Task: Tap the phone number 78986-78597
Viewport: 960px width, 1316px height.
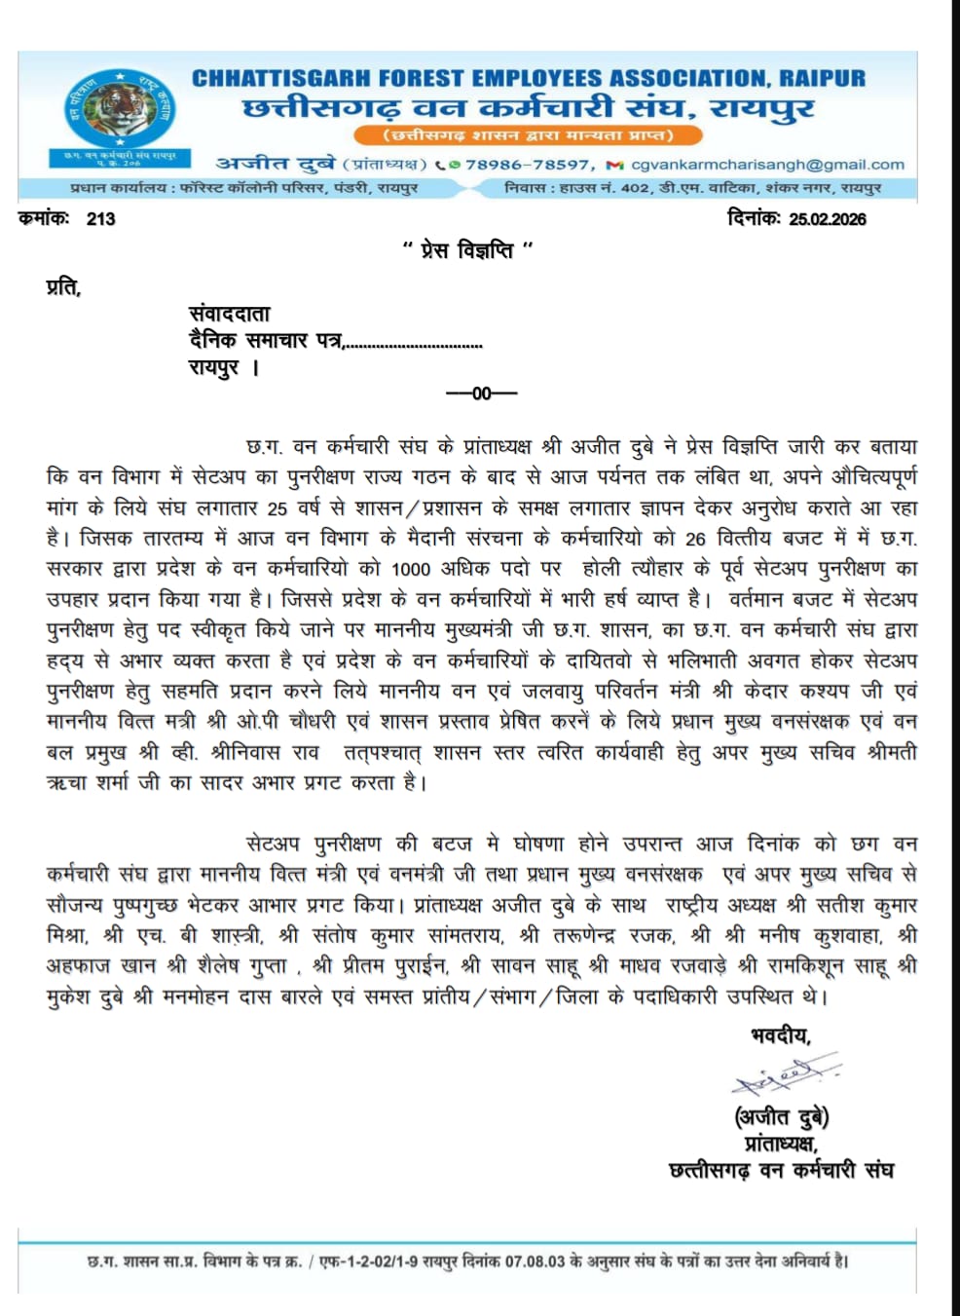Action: pos(527,165)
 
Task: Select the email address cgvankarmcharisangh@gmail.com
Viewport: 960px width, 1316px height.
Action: pos(767,165)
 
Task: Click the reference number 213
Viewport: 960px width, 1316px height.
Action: pos(100,219)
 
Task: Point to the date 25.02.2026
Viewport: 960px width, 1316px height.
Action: pos(827,219)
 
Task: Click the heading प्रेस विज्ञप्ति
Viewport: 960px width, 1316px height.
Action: pos(467,251)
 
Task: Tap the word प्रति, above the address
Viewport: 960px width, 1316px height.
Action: pos(63,286)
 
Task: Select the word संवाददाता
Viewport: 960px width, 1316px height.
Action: pos(229,314)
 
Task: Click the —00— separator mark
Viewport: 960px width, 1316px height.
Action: pos(481,394)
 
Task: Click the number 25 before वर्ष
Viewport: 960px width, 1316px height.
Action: pos(277,508)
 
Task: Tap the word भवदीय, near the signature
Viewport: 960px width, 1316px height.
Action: pos(781,1034)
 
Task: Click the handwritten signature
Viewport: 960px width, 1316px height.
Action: pos(784,1076)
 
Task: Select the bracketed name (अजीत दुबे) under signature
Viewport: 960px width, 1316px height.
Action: pos(781,1116)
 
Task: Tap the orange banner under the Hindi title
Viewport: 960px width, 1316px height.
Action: pos(528,134)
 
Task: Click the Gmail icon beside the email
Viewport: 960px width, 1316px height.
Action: pos(614,166)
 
